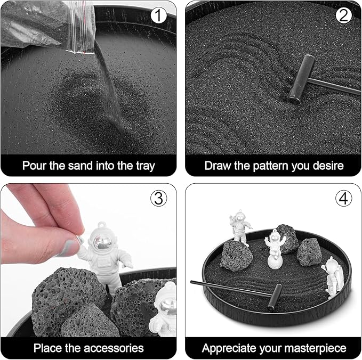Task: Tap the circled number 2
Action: pos(344,15)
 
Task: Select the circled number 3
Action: pos(158,198)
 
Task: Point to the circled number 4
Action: pos(344,198)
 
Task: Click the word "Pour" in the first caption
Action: pos(35,165)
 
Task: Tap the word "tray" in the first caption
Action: pos(143,165)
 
